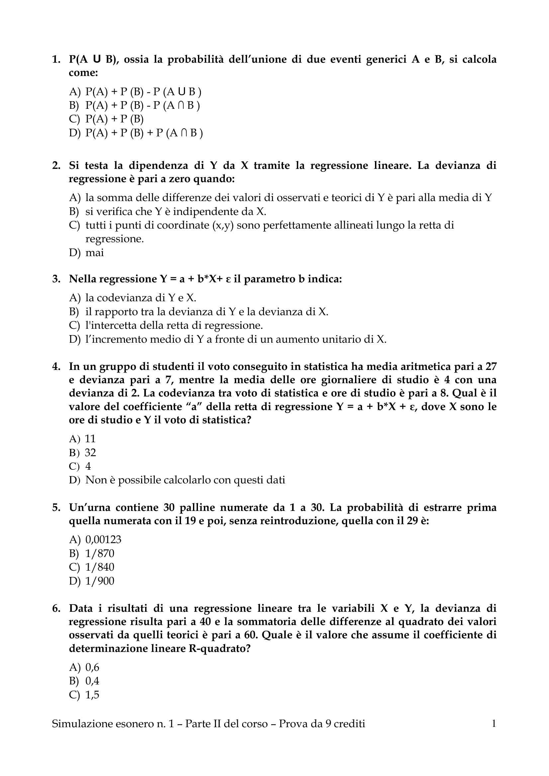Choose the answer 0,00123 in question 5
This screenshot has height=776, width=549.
click(103, 539)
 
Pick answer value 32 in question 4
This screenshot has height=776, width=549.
click(90, 452)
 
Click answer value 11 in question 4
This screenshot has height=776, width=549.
click(90, 438)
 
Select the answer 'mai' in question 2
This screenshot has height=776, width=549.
click(94, 252)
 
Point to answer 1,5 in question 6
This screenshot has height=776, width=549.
click(92, 695)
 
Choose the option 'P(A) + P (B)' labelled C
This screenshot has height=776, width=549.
click(114, 119)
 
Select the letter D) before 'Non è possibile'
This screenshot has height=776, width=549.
click(74, 480)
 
